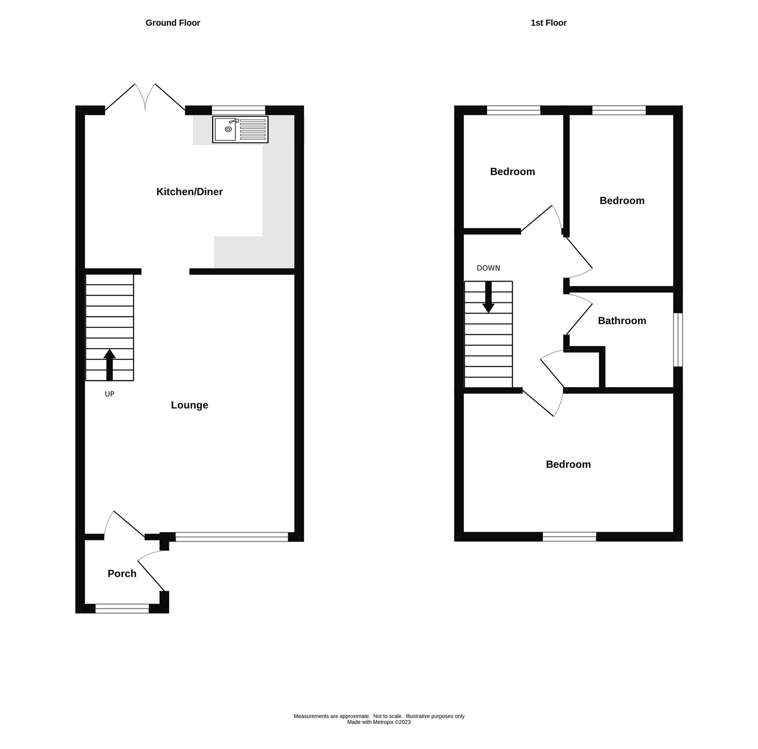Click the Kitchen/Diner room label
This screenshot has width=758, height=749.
click(189, 192)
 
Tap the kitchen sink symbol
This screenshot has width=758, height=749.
click(240, 129)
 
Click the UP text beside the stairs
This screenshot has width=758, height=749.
click(109, 394)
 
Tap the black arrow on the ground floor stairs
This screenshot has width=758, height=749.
click(109, 364)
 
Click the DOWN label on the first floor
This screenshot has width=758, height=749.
click(488, 268)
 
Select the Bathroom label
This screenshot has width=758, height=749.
click(622, 321)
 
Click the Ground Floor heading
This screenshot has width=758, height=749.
click(173, 23)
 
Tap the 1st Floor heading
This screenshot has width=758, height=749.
click(548, 23)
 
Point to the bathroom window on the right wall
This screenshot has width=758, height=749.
click(678, 340)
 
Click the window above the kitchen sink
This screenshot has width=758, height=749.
click(239, 110)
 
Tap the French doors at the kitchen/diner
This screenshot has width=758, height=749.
click(145, 98)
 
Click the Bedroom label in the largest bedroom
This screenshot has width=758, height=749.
click(568, 464)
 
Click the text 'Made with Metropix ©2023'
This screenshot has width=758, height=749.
click(379, 722)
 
